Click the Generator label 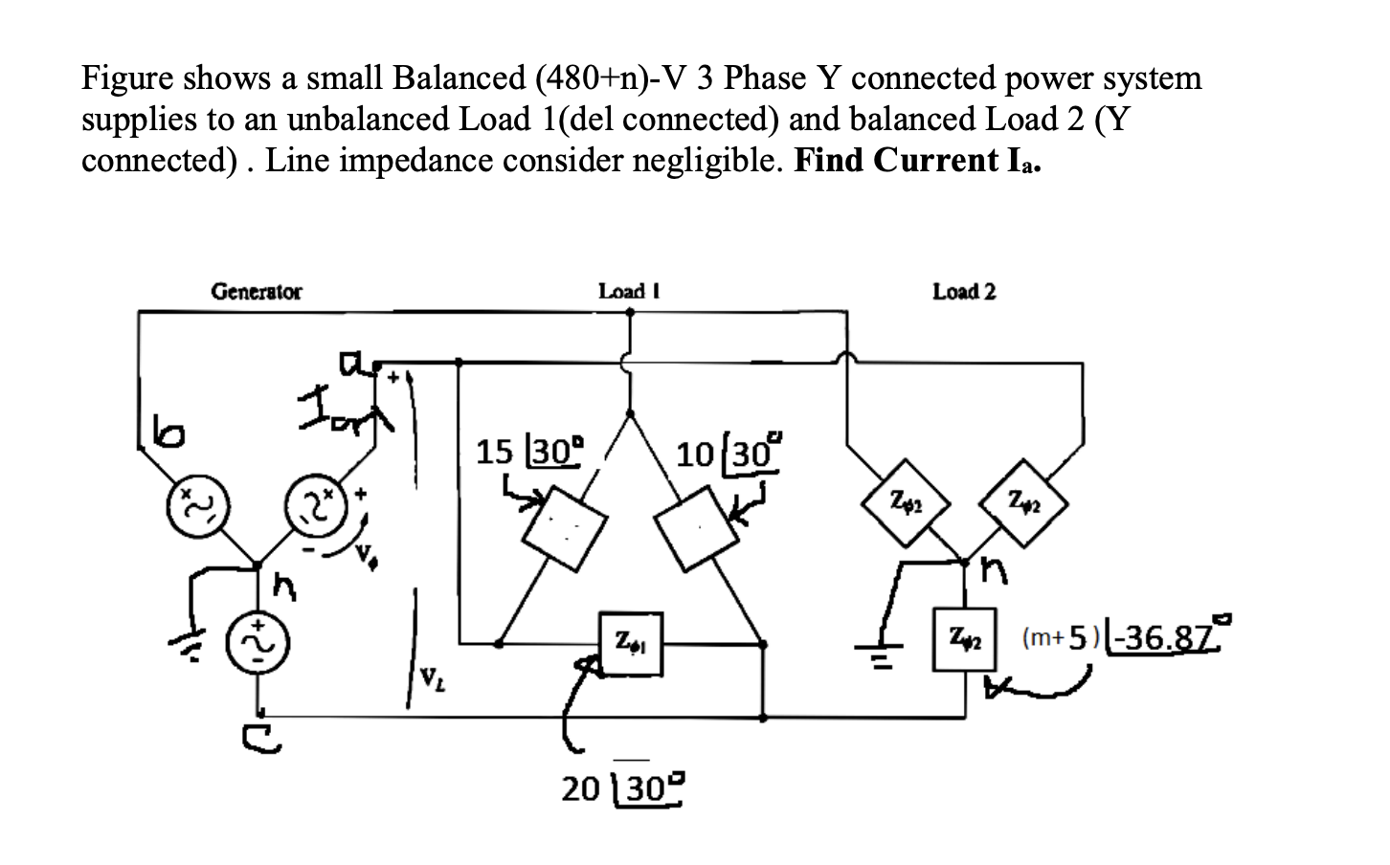[x=256, y=291]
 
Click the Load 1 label [x=629, y=291]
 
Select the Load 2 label [x=964, y=291]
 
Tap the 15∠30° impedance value [x=529, y=450]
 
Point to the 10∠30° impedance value [x=728, y=452]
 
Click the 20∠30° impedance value [x=623, y=788]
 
